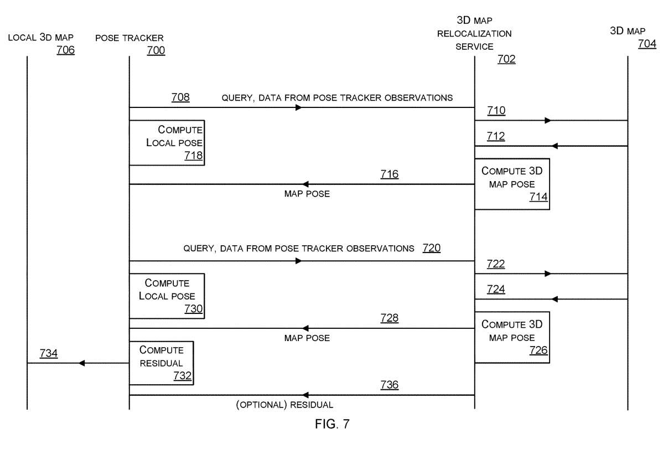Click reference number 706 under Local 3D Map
pyautogui.click(x=65, y=50)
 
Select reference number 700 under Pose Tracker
pyautogui.click(x=156, y=50)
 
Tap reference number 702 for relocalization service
pyautogui.click(x=506, y=60)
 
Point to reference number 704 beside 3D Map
pyautogui.click(x=647, y=44)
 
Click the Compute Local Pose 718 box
pyautogui.click(x=167, y=142)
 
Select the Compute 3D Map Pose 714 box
pyautogui.click(x=511, y=184)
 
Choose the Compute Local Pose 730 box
pyautogui.click(x=167, y=296)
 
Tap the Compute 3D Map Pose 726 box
pyautogui.click(x=511, y=337)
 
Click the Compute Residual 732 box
pyautogui.click(x=161, y=363)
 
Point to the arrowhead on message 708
pyautogui.click(x=299, y=107)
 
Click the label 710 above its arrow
pyautogui.click(x=496, y=111)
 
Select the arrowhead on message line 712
pyautogui.click(x=555, y=146)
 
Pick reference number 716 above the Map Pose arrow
pyautogui.click(x=389, y=174)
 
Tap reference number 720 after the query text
pyautogui.click(x=431, y=247)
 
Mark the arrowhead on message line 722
pyautogui.click(x=548, y=274)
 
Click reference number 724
pyautogui.click(x=496, y=289)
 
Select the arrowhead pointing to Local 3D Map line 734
pyautogui.click(x=81, y=363)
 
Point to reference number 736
pyautogui.click(x=389, y=384)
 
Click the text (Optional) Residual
pyautogui.click(x=284, y=404)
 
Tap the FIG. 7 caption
pyautogui.click(x=332, y=424)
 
